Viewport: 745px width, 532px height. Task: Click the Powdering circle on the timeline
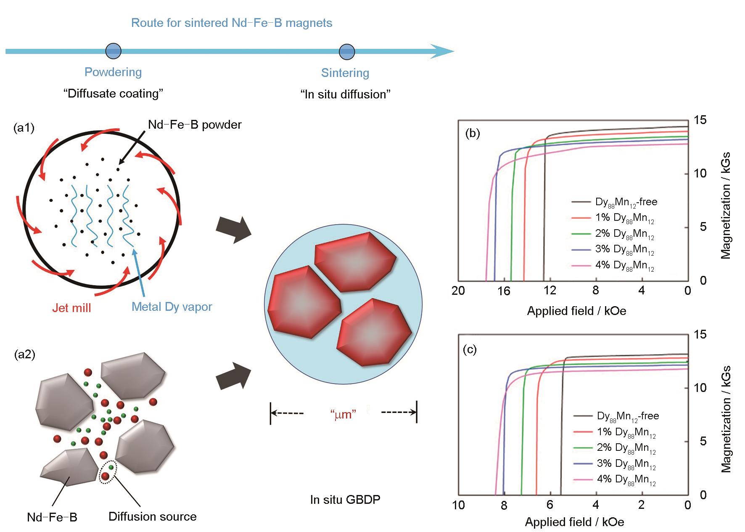point(113,51)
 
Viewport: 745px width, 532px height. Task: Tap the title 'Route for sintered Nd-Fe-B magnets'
point(232,23)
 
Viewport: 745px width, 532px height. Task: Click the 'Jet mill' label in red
point(71,308)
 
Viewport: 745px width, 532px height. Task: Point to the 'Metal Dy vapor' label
point(172,307)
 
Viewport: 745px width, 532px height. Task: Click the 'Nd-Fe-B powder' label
point(195,124)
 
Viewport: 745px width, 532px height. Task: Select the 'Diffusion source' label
point(153,516)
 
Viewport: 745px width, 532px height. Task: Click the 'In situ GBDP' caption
point(345,500)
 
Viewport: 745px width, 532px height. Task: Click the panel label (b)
point(473,134)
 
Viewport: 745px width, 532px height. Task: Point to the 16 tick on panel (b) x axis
point(504,291)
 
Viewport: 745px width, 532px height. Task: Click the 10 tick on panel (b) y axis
point(700,173)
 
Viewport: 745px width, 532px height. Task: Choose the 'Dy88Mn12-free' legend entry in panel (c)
point(616,416)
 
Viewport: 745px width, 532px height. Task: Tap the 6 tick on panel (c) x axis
point(550,505)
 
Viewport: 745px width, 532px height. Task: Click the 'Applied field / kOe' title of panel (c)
point(574,522)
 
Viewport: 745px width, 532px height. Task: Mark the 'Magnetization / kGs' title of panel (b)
point(726,206)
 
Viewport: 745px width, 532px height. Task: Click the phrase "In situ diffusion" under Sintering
point(346,94)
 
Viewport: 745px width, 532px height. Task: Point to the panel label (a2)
point(24,355)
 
